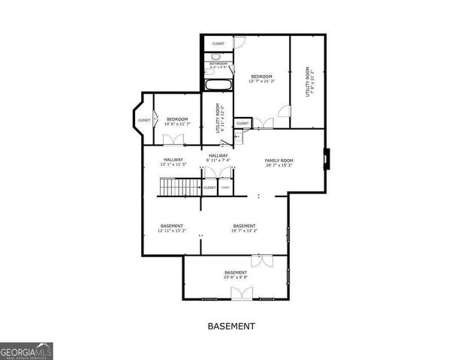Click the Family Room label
[279, 163]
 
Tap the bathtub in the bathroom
[217, 85]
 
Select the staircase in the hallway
[179, 187]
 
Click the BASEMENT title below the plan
[231, 326]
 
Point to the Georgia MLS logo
[26, 351]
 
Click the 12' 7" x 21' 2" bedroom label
[261, 79]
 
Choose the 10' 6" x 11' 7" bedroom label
[177, 121]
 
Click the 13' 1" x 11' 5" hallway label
[173, 161]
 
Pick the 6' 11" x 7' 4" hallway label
[218, 157]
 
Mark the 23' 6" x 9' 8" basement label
[236, 274]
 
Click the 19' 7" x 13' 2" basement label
[244, 228]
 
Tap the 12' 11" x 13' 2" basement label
[171, 228]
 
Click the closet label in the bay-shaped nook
[143, 120]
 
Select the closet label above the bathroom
[218, 43]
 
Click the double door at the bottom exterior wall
[242, 293]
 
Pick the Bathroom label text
[218, 64]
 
